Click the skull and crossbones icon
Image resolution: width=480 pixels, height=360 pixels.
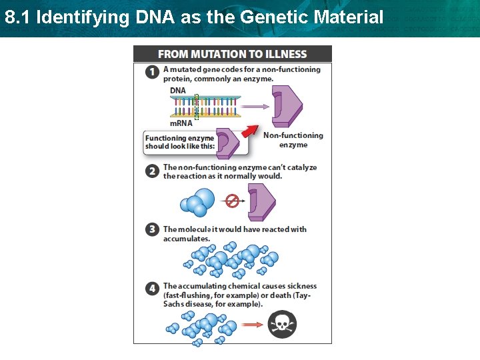click(282, 325)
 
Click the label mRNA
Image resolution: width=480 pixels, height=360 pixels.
click(181, 123)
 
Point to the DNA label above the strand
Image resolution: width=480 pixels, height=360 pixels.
click(178, 91)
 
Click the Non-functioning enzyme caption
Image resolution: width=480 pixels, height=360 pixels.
click(293, 140)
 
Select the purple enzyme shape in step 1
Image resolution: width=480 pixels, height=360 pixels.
click(287, 106)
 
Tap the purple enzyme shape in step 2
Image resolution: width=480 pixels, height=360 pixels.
click(261, 202)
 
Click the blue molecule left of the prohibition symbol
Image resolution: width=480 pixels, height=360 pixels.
click(198, 202)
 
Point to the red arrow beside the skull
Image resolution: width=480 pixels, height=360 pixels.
click(251, 325)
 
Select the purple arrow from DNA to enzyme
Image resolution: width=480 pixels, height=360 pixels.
click(253, 106)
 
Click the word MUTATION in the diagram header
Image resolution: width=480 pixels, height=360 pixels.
click(213, 54)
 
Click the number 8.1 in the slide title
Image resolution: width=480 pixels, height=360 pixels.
click(17, 17)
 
